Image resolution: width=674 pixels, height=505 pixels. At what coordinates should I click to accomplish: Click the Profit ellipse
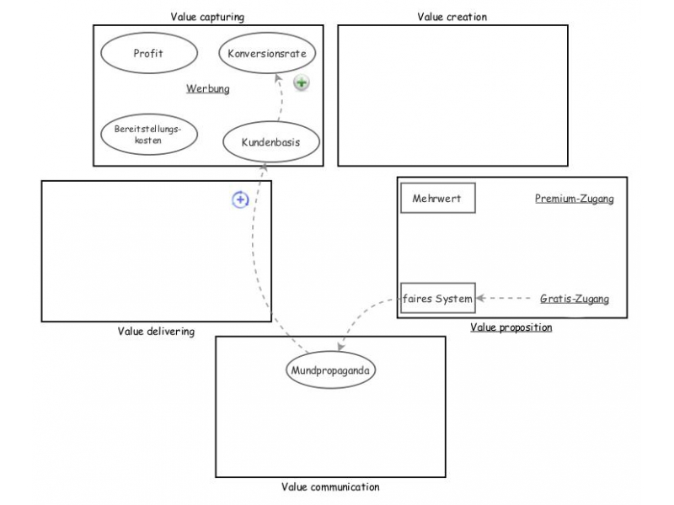[147, 54]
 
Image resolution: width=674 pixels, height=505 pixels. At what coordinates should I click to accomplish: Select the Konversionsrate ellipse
[267, 54]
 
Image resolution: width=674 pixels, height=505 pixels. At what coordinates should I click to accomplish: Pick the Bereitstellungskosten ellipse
[148, 135]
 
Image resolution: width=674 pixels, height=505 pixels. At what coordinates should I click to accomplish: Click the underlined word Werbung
[207, 88]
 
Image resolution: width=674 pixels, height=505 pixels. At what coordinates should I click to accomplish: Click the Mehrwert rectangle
[437, 199]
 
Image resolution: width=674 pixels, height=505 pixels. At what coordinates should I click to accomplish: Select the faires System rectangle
[437, 298]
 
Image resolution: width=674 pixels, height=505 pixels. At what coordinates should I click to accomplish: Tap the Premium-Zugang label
[574, 199]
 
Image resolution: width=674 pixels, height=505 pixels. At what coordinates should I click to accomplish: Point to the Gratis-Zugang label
[574, 299]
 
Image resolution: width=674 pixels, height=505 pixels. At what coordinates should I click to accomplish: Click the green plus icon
[302, 82]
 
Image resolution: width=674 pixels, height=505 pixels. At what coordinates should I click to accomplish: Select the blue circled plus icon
[240, 199]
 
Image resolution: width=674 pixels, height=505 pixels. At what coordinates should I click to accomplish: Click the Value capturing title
[207, 16]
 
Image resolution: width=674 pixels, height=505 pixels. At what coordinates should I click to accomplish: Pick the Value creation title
[452, 16]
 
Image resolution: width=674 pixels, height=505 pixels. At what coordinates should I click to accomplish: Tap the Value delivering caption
[156, 332]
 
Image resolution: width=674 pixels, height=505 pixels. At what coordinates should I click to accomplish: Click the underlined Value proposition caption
[511, 327]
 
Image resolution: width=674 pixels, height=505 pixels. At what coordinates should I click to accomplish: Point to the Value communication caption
[330, 487]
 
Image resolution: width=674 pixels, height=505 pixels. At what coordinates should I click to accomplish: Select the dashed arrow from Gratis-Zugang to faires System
[505, 299]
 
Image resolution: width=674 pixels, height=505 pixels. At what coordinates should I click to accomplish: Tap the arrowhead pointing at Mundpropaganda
[340, 347]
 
